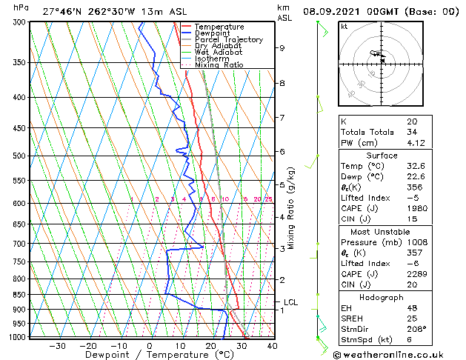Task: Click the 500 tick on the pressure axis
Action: click(19, 156)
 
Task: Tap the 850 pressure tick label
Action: click(19, 295)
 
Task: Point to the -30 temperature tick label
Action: click(57, 345)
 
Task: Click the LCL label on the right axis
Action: click(290, 302)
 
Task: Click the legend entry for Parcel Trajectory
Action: click(228, 39)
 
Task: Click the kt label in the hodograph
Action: click(344, 26)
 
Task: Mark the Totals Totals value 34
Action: click(410, 132)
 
